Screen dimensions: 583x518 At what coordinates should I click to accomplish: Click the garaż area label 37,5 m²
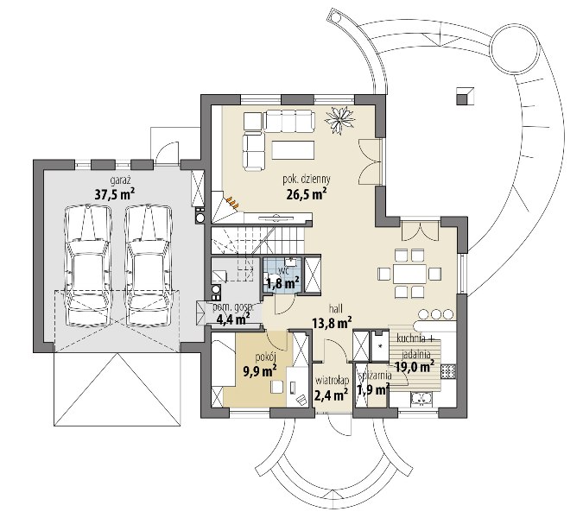tap(114, 193)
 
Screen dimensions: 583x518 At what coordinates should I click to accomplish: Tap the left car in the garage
tap(88, 267)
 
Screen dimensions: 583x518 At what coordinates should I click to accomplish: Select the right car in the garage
tap(149, 267)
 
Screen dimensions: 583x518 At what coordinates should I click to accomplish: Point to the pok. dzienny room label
tap(307, 179)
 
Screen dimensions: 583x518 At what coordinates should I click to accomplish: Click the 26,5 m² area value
tap(307, 193)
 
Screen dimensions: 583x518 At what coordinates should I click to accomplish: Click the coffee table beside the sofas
tap(293, 149)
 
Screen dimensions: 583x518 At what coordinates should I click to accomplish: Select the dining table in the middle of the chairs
tap(410, 274)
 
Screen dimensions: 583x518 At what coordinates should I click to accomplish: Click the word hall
tap(335, 308)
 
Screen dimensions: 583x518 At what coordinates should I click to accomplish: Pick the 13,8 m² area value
tap(332, 323)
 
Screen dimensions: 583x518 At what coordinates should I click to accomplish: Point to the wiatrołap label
tap(332, 381)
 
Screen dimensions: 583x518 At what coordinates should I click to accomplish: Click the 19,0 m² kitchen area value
tap(415, 367)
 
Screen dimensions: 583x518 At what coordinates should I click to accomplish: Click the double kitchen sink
tap(421, 399)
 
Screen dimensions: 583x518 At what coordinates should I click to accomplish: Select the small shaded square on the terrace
tap(466, 96)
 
